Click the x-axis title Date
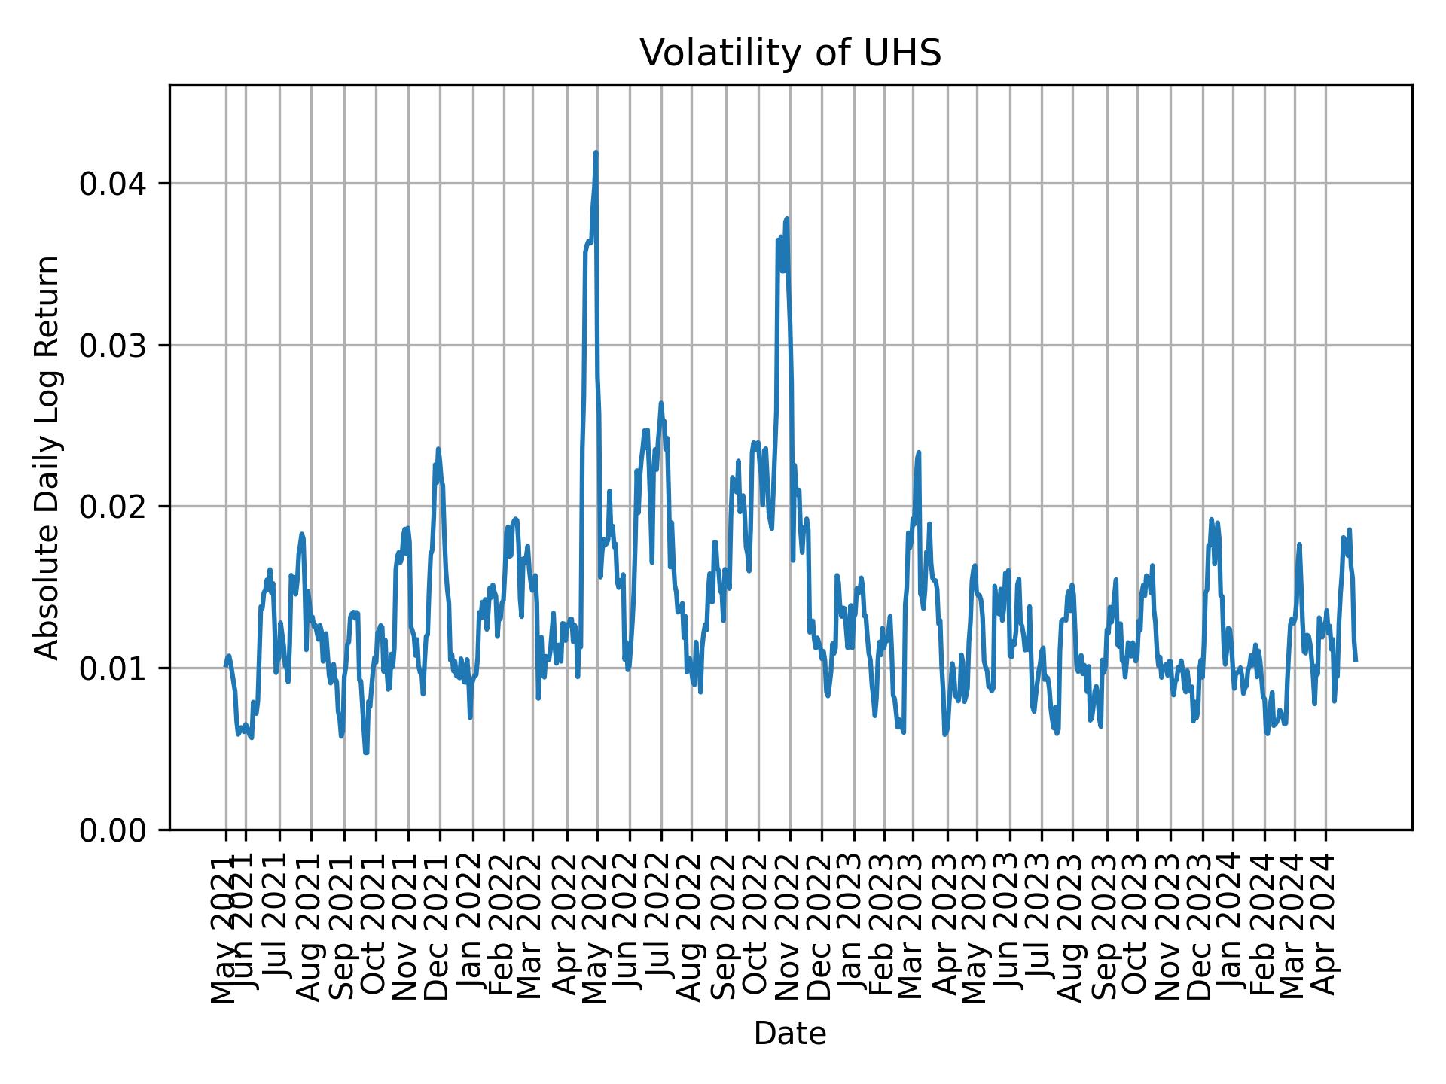click(790, 1034)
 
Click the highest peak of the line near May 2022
click(596, 153)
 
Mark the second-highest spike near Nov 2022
click(786, 219)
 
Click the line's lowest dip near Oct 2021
click(366, 752)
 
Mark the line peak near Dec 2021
click(438, 449)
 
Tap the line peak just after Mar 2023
click(919, 453)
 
